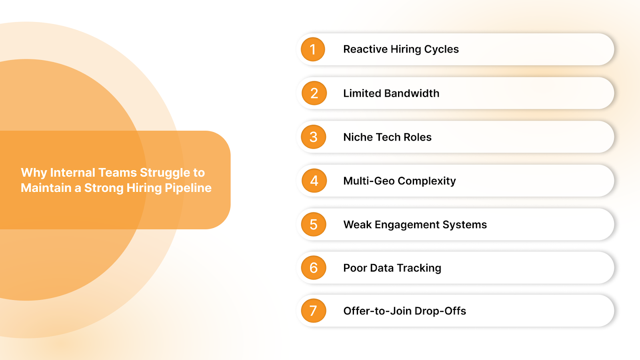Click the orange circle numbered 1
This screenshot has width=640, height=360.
tap(313, 49)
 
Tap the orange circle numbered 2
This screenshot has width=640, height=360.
tap(314, 93)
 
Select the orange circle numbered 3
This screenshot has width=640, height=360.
tap(314, 137)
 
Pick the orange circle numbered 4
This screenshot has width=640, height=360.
tap(314, 181)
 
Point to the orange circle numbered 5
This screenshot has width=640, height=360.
tap(314, 224)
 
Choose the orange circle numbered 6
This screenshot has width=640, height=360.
tap(314, 268)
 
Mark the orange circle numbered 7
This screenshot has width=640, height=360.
tap(314, 311)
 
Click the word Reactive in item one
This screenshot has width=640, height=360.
tap(365, 49)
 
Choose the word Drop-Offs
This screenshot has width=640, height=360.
tap(440, 311)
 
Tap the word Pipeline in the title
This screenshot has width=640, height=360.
tap(188, 188)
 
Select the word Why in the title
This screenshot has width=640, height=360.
tap(34, 173)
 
